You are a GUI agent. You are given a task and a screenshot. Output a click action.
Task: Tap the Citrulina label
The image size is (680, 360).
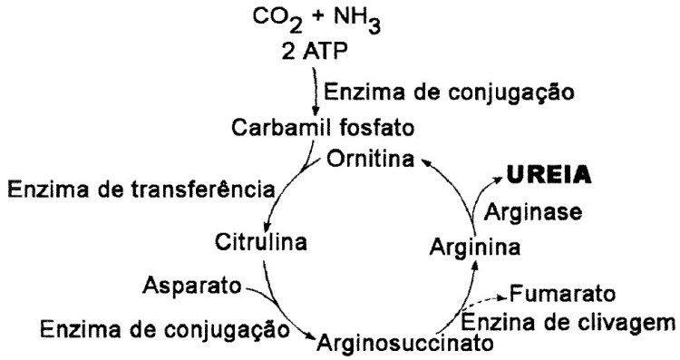tap(261, 242)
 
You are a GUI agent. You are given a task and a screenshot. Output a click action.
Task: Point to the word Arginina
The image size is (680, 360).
tap(474, 245)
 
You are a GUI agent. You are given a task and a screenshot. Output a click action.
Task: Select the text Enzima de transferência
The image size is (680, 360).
tap(141, 190)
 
